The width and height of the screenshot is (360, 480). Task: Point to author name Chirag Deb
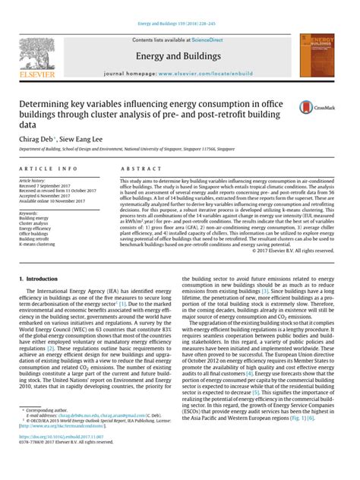coord(39,140)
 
